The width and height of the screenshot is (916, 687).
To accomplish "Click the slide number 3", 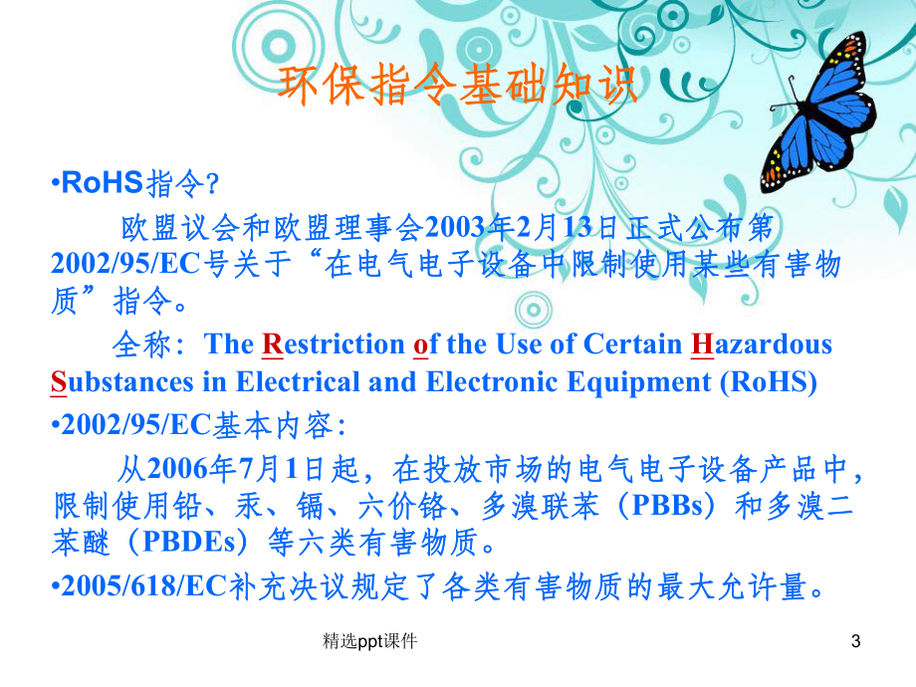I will (855, 642).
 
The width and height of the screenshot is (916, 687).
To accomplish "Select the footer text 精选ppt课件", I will (370, 642).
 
